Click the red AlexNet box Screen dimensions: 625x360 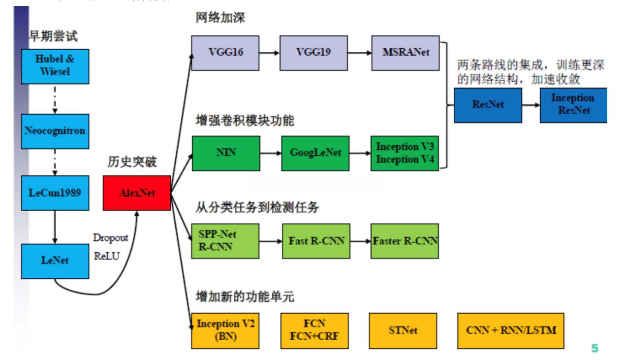coord(137,193)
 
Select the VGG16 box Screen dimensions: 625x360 coord(225,53)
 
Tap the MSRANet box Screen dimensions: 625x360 coord(406,53)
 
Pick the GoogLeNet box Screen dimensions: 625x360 coord(315,153)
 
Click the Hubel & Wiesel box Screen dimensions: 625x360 coord(55,66)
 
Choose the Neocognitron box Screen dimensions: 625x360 coord(55,131)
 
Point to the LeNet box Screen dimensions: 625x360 coord(55,261)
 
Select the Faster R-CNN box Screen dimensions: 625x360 coord(405,241)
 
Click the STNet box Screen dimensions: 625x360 coord(403,330)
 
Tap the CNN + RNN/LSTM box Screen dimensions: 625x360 coord(511,330)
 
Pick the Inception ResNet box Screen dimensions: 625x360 coord(574,105)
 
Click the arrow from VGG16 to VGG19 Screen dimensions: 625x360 coord(270,53)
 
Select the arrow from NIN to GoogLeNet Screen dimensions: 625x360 coord(271,153)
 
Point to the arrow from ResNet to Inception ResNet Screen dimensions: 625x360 coord(531,105)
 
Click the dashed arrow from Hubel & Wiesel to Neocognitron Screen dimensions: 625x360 coord(55,99)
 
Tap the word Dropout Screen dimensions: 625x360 coord(111,238)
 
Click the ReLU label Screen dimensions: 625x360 coord(107,256)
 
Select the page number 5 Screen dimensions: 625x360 coord(594,348)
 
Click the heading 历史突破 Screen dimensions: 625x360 coord(132,162)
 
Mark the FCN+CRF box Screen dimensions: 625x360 coord(314,330)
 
